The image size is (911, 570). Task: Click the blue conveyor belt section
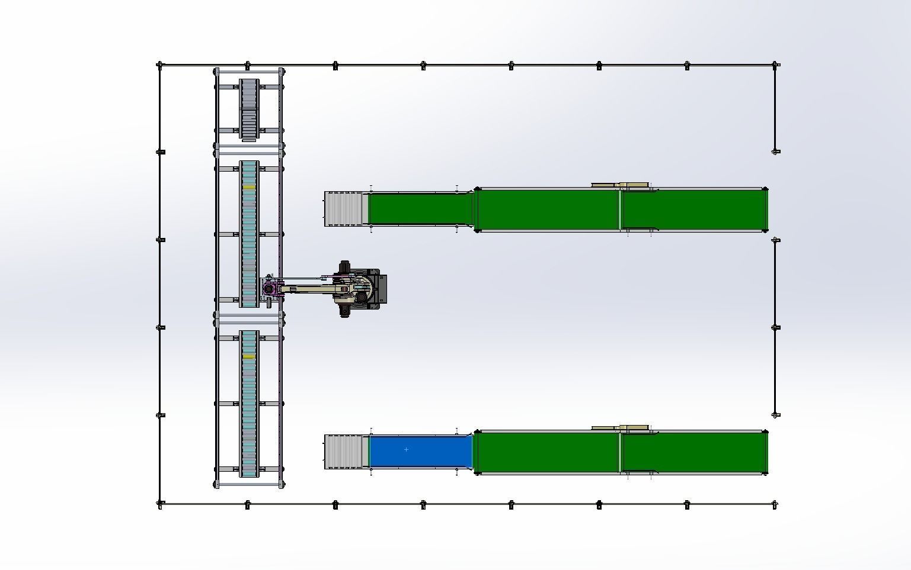pos(421,451)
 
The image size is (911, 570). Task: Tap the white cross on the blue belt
pos(406,450)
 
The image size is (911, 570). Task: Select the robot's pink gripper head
pos(270,290)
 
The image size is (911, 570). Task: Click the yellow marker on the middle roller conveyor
pos(249,188)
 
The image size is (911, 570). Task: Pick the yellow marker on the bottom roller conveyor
pos(249,356)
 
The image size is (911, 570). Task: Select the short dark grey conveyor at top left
pos(249,110)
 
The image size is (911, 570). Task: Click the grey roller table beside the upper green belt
pos(344,209)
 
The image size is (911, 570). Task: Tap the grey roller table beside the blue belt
pos(344,452)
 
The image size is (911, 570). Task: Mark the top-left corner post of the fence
pos(160,65)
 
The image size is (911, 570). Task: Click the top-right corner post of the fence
pos(775,65)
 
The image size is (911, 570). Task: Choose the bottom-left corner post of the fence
pos(160,504)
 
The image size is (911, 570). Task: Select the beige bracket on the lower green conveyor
pos(620,428)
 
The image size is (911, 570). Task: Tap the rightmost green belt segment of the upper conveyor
pos(693,210)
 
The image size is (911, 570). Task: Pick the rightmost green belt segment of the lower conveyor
pos(693,453)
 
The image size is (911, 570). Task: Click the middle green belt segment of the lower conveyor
pos(548,453)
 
